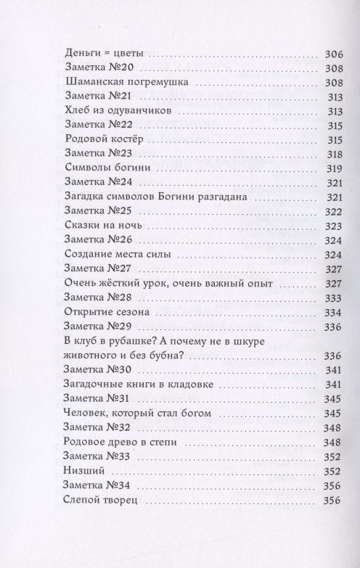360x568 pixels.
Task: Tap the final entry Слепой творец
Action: click(x=96, y=500)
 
